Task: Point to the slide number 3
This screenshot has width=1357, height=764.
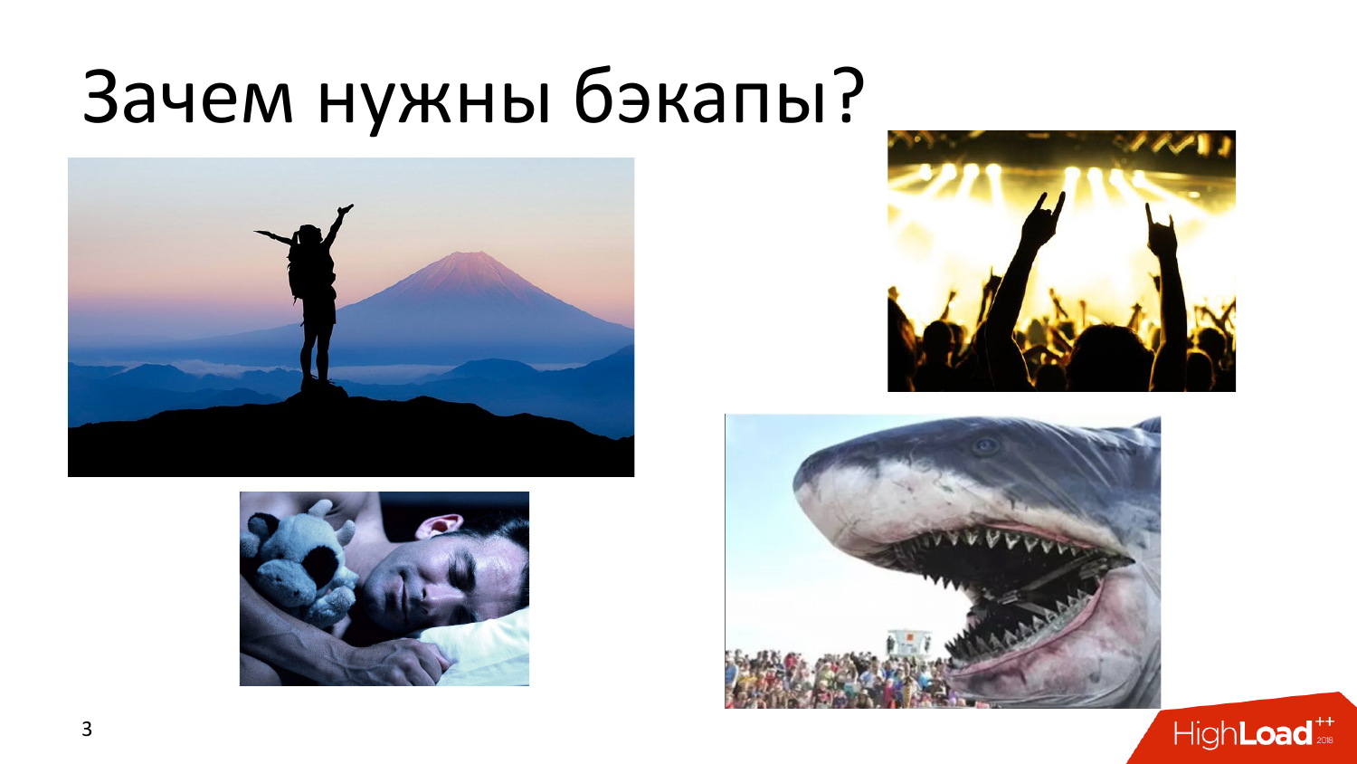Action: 87,729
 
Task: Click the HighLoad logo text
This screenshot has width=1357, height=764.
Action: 1243,733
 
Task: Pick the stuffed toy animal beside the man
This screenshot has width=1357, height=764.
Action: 299,561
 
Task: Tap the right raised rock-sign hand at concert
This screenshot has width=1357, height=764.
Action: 1162,234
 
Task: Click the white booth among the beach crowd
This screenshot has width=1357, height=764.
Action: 907,643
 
